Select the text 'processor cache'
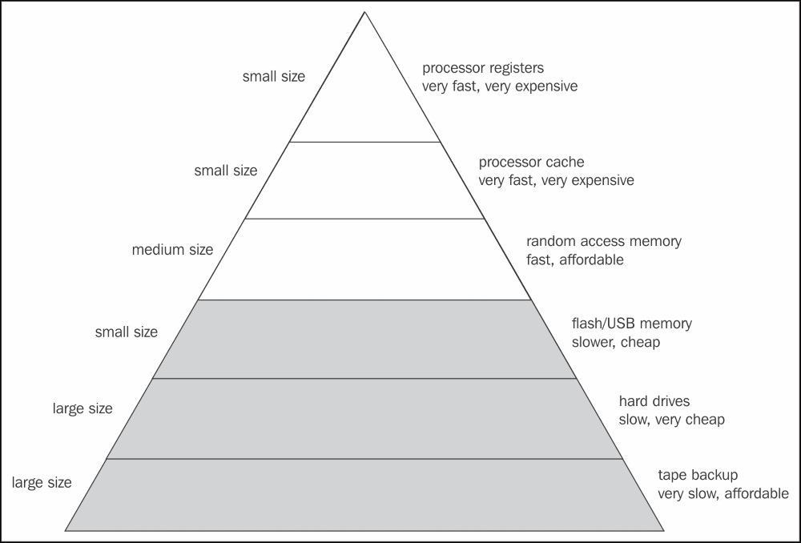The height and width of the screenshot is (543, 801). (x=531, y=163)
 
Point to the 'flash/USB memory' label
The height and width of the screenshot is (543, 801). (x=631, y=324)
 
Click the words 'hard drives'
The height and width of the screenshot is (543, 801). (x=654, y=400)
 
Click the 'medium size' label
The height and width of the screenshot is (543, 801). (x=172, y=250)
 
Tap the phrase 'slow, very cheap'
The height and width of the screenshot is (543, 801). (x=671, y=419)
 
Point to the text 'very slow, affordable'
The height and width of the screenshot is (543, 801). (x=723, y=493)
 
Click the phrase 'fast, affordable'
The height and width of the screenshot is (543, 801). (x=574, y=259)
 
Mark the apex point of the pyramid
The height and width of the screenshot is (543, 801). (x=364, y=12)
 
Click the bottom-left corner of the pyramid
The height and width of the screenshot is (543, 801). (x=65, y=529)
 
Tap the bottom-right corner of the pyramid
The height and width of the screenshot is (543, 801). (x=665, y=529)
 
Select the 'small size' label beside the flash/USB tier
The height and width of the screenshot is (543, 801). (x=126, y=332)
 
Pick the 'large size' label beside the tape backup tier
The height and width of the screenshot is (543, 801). (x=41, y=483)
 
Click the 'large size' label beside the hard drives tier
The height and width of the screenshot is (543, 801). (x=83, y=408)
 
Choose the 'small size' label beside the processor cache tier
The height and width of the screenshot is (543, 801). (x=225, y=171)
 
